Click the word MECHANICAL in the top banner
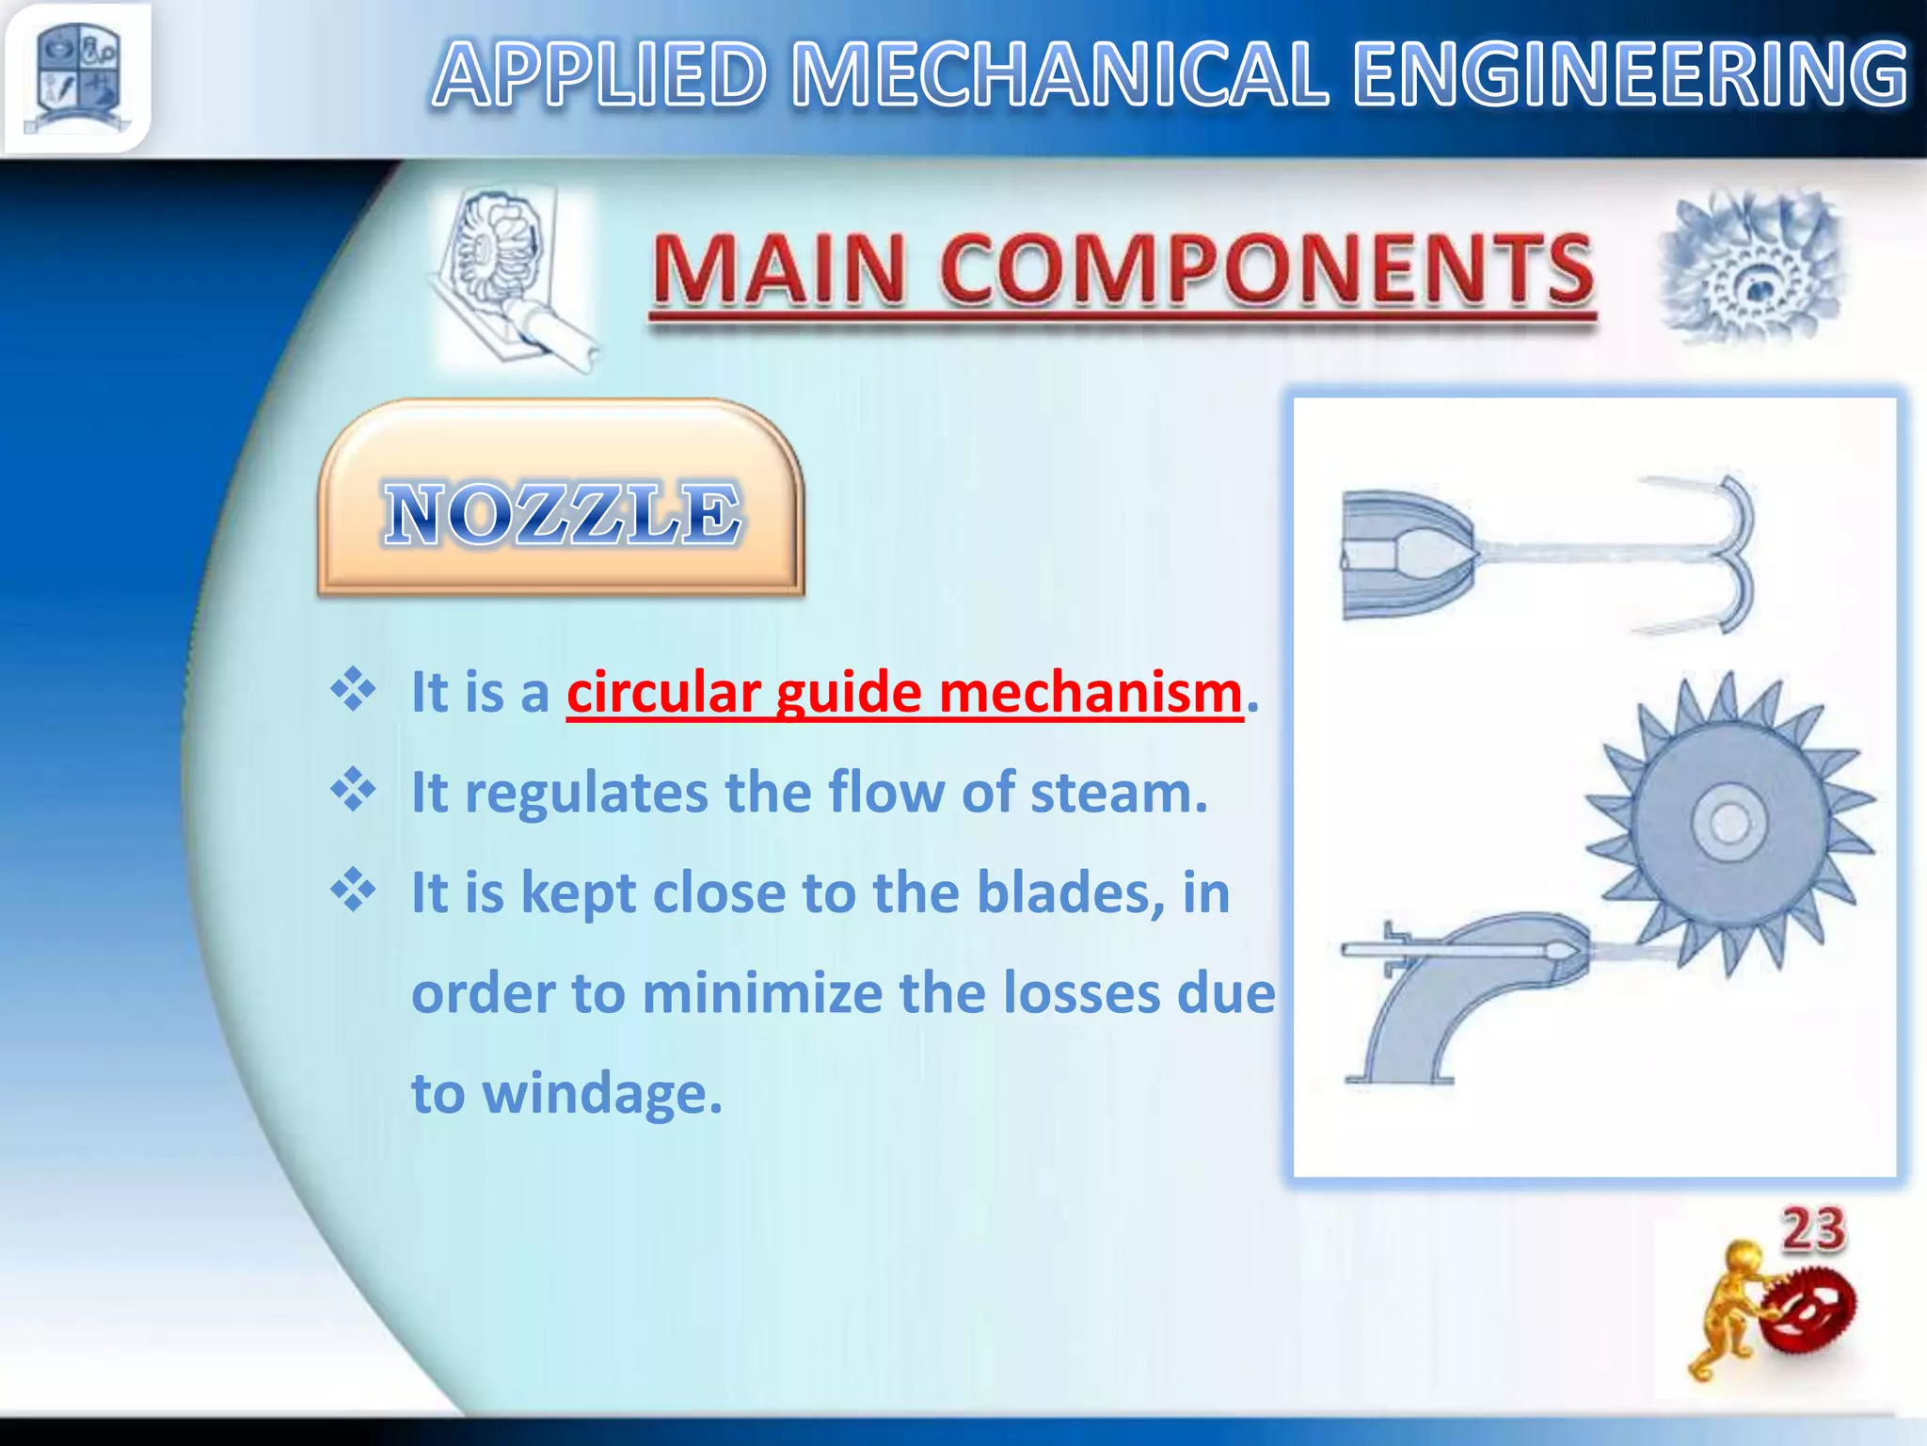pos(1059,75)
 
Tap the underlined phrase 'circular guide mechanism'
pos(903,693)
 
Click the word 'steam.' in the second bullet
pos(1119,793)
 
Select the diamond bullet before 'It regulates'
pos(353,791)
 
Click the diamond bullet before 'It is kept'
pos(353,891)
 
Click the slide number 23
pos(1812,1229)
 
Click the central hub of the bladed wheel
pos(1728,825)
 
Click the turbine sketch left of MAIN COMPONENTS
pos(508,278)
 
